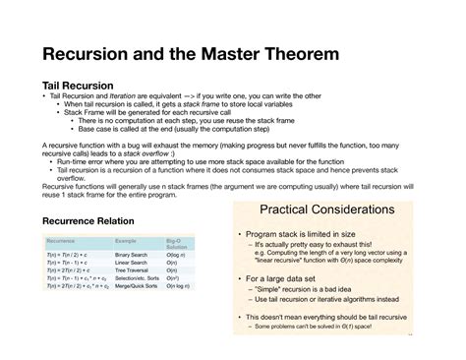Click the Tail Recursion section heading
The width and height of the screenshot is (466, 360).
76,86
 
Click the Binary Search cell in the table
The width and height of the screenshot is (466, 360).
134,255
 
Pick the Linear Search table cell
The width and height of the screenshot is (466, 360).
134,263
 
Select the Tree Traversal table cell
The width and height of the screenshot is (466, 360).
134,270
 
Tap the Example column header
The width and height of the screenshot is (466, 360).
127,240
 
